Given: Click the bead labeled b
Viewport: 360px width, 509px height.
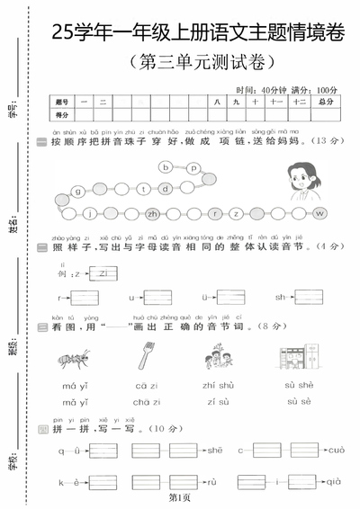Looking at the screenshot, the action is [191, 167].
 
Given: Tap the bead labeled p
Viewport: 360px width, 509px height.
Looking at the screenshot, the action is [218, 166].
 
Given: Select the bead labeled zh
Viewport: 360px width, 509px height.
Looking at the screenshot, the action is [153, 214].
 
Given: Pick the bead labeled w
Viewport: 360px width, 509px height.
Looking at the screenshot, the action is [319, 213].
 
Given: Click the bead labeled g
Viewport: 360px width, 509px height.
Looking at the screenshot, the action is [79, 191].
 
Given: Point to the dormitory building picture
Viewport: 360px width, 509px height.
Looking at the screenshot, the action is [297, 358].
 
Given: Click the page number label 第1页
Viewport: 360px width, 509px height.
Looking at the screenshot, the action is [180, 497].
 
